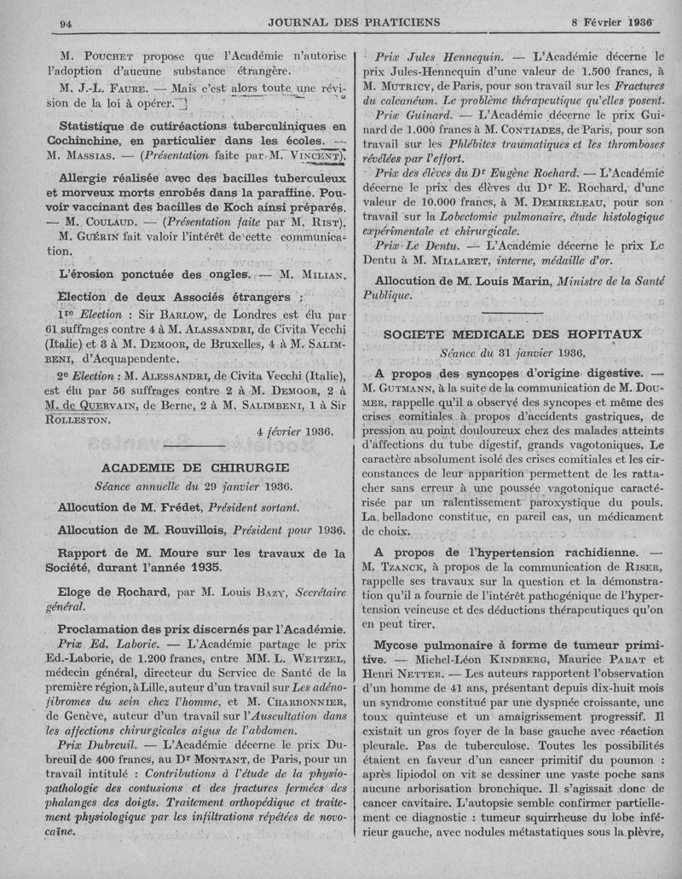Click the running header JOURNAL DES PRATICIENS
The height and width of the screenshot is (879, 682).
(x=340, y=21)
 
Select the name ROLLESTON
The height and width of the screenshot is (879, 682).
(x=76, y=419)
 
